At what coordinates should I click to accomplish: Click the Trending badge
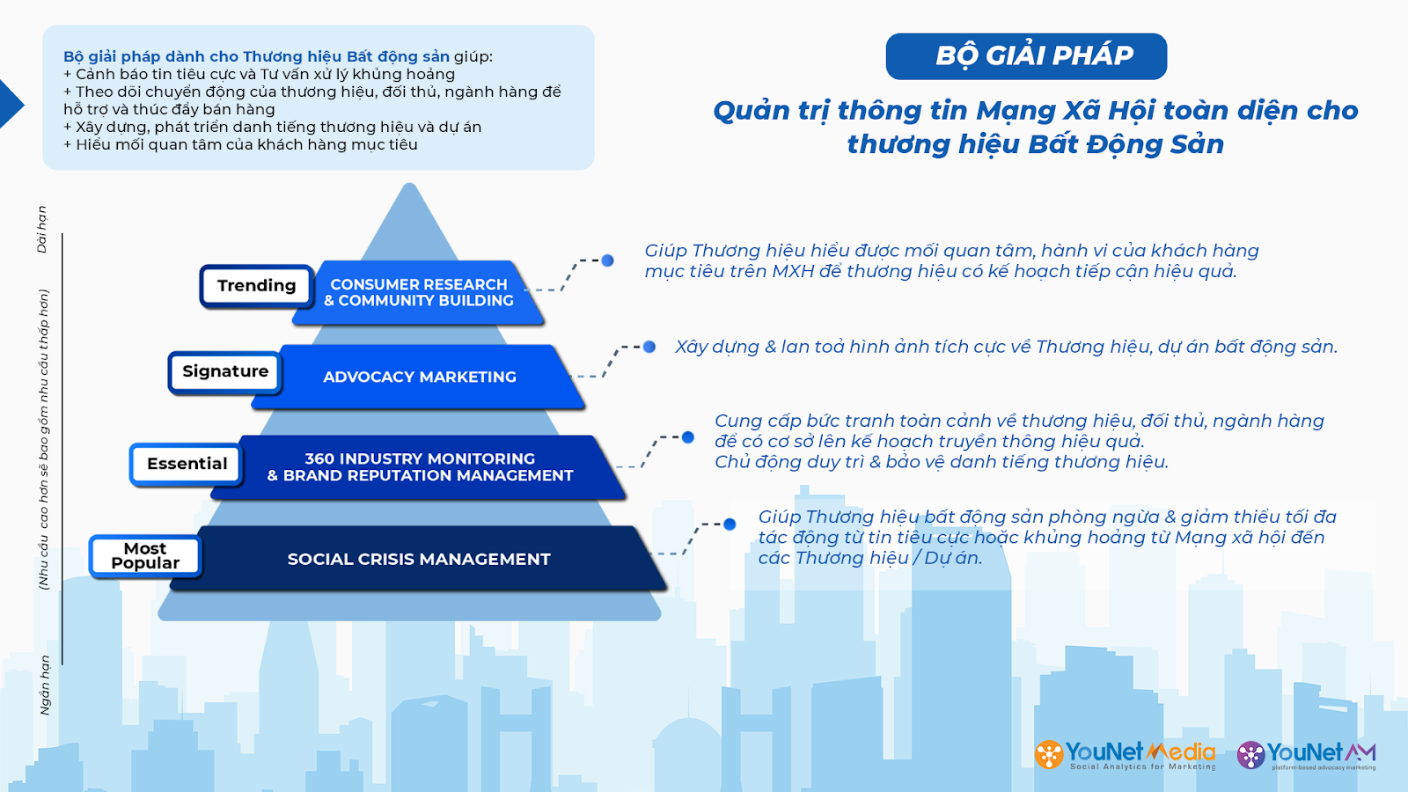(256, 286)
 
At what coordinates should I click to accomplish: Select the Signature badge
(225, 372)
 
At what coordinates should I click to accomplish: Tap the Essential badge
(187, 465)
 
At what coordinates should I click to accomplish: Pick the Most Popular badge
(145, 556)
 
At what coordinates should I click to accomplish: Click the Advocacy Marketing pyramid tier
(419, 378)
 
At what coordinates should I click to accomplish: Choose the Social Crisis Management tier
(419, 559)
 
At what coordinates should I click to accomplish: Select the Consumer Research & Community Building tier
(419, 292)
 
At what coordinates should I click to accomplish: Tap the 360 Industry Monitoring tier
(419, 467)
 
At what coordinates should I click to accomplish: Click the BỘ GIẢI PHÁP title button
(1026, 56)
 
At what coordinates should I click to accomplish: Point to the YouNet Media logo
(1126, 755)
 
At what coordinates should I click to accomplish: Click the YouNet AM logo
(1307, 755)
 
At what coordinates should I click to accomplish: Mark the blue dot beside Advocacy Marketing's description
(649, 347)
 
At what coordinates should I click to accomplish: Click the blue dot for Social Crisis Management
(730, 524)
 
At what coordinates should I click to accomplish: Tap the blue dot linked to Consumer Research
(607, 260)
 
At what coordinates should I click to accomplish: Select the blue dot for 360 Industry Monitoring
(688, 437)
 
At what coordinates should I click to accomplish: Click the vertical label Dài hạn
(42, 230)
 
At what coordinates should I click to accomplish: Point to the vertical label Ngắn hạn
(45, 686)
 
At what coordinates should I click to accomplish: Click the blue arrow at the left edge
(10, 105)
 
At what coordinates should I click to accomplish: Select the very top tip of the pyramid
(409, 184)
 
